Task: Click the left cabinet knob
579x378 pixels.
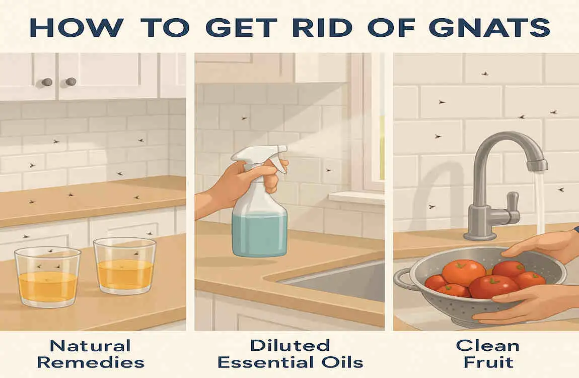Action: coord(47,82)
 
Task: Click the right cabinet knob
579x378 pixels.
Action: coord(71,81)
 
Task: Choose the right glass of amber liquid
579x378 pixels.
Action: coord(124,267)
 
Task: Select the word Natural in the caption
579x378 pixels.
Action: coord(91,345)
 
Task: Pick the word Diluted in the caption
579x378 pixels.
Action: coord(289,345)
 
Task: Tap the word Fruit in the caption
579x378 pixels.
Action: coord(488,361)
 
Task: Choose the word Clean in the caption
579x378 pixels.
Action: coord(488,345)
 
